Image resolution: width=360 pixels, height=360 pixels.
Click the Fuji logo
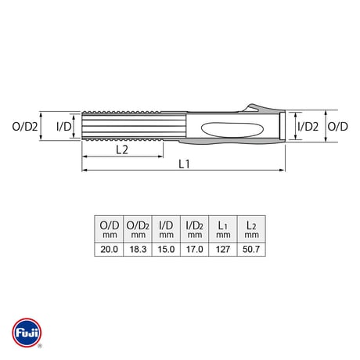tap(27, 333)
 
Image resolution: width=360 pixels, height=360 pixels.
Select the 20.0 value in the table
tap(109, 250)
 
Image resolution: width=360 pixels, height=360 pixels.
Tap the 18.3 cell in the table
tap(138, 250)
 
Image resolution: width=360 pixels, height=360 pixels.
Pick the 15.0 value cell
tap(166, 250)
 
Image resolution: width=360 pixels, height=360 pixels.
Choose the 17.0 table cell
tap(195, 250)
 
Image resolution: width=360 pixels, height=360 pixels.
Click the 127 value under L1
tap(223, 250)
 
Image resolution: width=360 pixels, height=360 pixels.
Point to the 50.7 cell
tap(251, 250)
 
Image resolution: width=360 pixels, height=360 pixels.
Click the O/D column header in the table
tap(109, 229)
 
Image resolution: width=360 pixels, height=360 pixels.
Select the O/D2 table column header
tap(138, 229)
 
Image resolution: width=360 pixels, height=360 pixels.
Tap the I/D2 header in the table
tap(195, 229)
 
